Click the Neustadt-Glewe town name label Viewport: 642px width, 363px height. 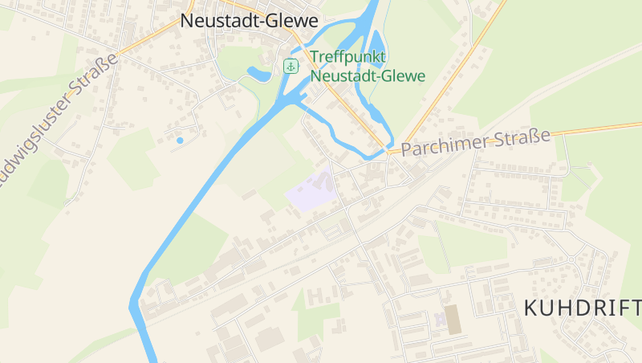coord(250,21)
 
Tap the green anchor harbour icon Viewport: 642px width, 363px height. coord(290,67)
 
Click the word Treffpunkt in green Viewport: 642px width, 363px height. coord(348,58)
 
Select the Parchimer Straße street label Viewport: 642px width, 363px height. coord(476,142)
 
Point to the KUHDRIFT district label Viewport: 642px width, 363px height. coord(582,308)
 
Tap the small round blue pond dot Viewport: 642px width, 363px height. coord(180,141)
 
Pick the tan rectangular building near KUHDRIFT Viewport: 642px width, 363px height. coord(454,319)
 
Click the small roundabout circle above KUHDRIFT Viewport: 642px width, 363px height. coord(571,259)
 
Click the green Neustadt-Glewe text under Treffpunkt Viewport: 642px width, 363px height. coord(368,76)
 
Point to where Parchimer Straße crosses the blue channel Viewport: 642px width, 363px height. coord(389,150)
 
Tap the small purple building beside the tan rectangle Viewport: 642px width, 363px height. coord(440,320)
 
